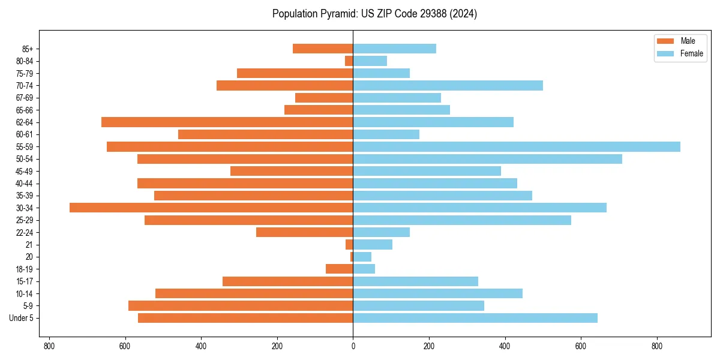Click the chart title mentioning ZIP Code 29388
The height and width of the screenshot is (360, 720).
374,14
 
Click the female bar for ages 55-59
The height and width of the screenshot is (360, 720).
516,147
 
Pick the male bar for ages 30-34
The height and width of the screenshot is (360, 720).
211,208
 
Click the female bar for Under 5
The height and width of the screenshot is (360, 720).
475,318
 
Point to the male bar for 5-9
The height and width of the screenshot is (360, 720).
241,305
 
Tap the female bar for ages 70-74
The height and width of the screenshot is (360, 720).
448,86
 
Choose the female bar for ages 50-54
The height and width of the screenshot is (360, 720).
487,159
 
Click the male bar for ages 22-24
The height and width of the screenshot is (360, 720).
304,232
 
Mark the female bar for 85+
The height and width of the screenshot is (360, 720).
394,49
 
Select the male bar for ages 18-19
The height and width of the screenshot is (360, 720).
339,269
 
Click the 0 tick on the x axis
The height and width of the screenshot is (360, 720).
353,346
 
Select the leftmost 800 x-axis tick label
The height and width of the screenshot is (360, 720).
49,346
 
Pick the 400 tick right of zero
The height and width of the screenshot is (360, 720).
505,346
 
